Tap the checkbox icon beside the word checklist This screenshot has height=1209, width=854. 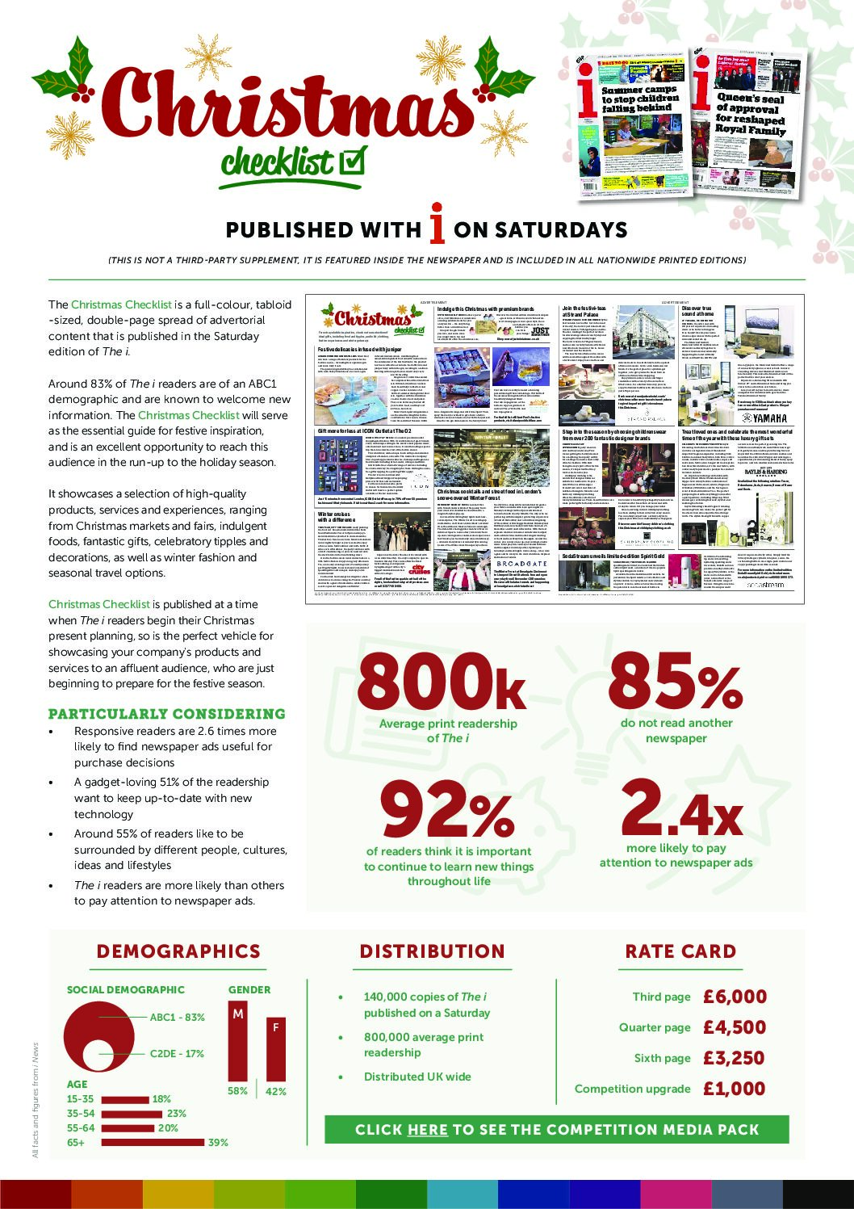click(x=350, y=161)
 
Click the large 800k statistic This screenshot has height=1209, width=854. click(x=442, y=682)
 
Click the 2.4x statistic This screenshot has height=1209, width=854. click(x=682, y=808)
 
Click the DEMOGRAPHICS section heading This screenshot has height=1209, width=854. click(x=178, y=951)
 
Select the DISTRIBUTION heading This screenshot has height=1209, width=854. click(x=433, y=951)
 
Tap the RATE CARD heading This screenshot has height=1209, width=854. click(x=680, y=951)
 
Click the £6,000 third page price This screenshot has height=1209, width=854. click(x=735, y=997)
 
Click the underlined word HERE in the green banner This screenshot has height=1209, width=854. click(x=428, y=1129)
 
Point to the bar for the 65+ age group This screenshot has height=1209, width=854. click(x=153, y=1142)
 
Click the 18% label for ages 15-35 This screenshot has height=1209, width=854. click(x=161, y=1099)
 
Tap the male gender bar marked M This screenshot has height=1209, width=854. click(x=238, y=1042)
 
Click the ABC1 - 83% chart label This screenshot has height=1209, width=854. click(x=178, y=1017)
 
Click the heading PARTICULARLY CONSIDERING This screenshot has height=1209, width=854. click(x=167, y=714)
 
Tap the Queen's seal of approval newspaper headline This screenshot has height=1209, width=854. click(x=750, y=113)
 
